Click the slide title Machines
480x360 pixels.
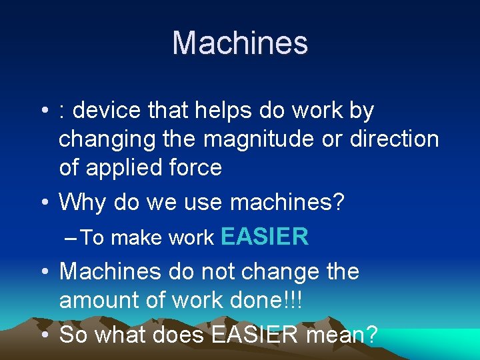tap(240, 43)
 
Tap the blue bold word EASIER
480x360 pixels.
tap(264, 237)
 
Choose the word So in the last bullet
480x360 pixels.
tap(73, 335)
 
